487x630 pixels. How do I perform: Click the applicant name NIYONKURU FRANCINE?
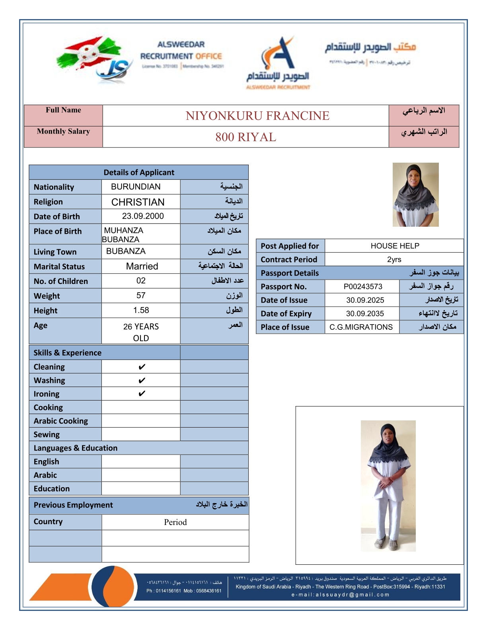[257, 116]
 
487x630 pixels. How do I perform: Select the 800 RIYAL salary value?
[245, 137]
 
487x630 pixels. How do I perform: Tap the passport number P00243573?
[363, 287]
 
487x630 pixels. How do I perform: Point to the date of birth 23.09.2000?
[143, 216]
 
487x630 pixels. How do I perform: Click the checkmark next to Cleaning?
[142, 367]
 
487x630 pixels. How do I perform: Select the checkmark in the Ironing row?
[142, 394]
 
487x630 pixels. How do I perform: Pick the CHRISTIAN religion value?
[138, 202]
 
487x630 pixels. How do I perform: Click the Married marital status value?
[142, 266]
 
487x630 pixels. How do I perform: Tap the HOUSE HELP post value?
[395, 246]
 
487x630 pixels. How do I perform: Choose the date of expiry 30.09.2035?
[365, 313]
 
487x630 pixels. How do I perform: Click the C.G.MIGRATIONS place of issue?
[361, 327]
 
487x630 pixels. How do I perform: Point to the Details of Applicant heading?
[139, 172]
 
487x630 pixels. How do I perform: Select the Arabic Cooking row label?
[61, 421]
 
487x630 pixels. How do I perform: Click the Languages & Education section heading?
[76, 448]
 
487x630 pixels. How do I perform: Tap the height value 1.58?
[141, 310]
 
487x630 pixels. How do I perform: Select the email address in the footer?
[340, 595]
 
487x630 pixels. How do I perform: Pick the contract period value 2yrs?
[394, 259]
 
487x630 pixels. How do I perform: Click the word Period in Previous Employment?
[175, 522]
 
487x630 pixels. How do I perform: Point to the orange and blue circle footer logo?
[113, 586]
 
